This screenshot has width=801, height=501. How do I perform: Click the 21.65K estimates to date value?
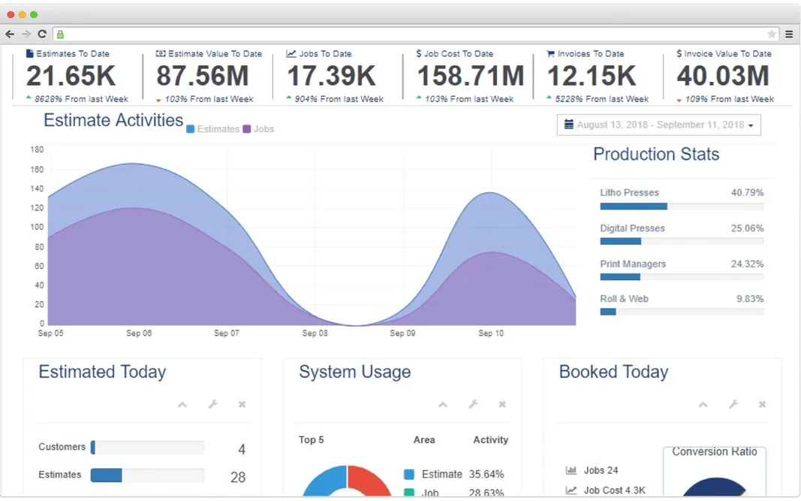71,77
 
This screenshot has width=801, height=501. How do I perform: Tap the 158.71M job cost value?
470,77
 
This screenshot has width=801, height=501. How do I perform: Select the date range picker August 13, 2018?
658,125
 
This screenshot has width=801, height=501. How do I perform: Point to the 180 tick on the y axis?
37,149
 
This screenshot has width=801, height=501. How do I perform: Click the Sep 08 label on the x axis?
315,333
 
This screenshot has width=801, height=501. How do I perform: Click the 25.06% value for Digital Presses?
747,228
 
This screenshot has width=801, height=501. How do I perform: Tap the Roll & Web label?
624,299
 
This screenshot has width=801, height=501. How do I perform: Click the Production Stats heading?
655,155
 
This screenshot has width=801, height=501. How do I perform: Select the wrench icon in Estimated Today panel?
212,405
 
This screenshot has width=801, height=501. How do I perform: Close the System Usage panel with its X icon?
502,405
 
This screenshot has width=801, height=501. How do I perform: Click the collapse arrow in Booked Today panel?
703,405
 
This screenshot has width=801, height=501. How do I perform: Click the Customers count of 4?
242,450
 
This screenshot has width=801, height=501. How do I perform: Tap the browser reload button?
42,34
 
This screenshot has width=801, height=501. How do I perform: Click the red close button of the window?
11,14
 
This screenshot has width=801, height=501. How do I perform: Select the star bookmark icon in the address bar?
772,34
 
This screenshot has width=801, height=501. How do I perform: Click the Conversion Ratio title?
714,452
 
